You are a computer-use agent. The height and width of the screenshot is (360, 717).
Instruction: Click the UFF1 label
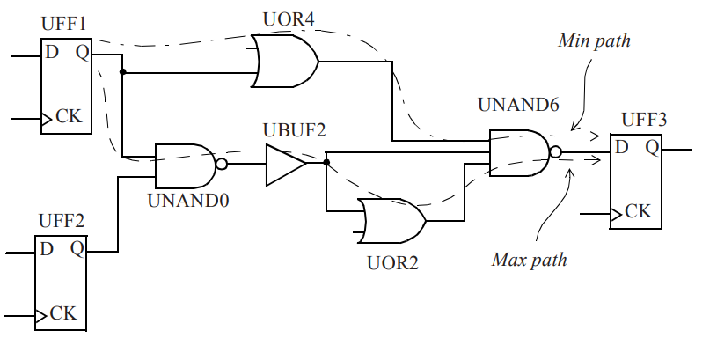(63, 24)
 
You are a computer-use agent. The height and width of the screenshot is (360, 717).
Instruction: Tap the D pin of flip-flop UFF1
(52, 53)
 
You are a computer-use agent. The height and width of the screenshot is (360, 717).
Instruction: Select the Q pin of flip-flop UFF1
(83, 53)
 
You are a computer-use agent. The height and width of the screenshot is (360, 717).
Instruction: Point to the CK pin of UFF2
(63, 314)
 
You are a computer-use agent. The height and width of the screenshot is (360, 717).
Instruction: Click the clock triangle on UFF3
(616, 214)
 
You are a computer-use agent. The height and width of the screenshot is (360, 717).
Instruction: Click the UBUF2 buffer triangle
(286, 165)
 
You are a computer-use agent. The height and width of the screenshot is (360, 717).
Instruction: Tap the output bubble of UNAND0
(222, 164)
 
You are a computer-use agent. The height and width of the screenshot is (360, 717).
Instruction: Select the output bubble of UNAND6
(555, 152)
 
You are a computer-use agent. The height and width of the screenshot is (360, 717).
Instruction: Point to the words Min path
(594, 40)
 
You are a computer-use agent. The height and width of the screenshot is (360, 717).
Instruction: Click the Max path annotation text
(530, 260)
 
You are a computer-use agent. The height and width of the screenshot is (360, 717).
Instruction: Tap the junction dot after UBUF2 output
(326, 162)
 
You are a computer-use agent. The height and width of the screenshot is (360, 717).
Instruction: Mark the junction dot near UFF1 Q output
(122, 72)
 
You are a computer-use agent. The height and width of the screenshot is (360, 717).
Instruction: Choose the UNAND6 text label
(518, 105)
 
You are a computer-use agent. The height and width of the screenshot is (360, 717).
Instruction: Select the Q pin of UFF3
(652, 147)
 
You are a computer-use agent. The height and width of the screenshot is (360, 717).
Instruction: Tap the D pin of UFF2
(47, 249)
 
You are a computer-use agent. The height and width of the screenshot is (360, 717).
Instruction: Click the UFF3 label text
(644, 120)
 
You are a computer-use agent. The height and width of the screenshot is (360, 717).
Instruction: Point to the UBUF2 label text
(294, 130)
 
